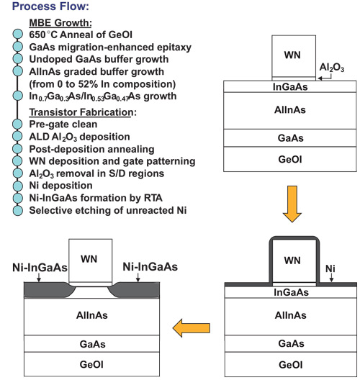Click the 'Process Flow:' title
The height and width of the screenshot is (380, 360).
[50, 6]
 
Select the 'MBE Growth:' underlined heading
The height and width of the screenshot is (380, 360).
[60, 23]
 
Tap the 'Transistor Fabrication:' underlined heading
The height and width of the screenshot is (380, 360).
[83, 112]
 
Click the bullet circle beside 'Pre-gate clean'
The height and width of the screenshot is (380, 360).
[17, 124]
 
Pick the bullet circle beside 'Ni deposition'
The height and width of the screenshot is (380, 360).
[17, 186]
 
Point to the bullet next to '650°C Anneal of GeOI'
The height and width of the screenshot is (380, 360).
[17, 34]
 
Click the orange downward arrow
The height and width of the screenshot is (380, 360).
[292, 204]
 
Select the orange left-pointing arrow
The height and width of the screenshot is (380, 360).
[192, 328]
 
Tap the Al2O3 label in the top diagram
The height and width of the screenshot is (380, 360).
[332, 68]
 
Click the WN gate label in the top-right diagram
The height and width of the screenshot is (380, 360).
[292, 55]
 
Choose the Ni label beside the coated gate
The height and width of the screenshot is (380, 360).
[330, 268]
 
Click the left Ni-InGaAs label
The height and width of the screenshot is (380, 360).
[40, 268]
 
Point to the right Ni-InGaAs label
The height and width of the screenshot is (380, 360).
[150, 267]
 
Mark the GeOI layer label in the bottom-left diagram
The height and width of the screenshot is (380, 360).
[91, 364]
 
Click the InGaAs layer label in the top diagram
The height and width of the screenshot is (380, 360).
[290, 87]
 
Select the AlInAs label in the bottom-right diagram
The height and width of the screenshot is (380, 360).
[290, 315]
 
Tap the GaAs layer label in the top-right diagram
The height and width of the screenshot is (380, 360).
[290, 138]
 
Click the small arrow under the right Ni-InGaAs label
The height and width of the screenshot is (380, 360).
[138, 278]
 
